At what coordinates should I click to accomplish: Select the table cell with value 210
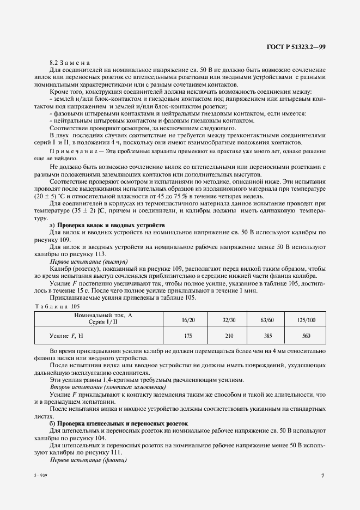pos(229,336)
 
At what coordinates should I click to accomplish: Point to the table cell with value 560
pos(306,336)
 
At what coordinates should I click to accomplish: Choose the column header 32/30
pos(229,319)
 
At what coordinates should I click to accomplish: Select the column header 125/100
pos(306,319)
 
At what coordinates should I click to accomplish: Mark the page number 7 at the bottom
pos(322,476)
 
